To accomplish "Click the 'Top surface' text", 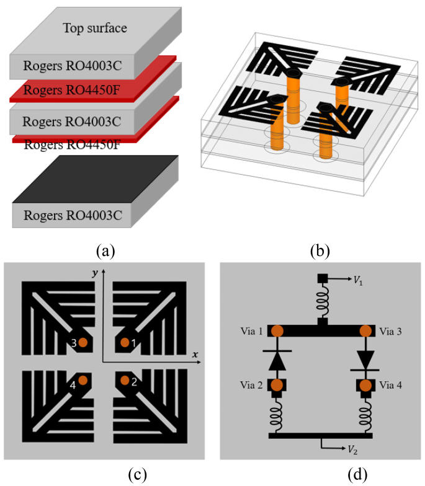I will point(94,27).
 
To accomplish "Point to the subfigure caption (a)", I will point(106,250).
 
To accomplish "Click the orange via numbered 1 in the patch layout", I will point(125,342).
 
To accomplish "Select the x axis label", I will point(194,354).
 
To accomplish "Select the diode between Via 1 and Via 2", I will point(277,360).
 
